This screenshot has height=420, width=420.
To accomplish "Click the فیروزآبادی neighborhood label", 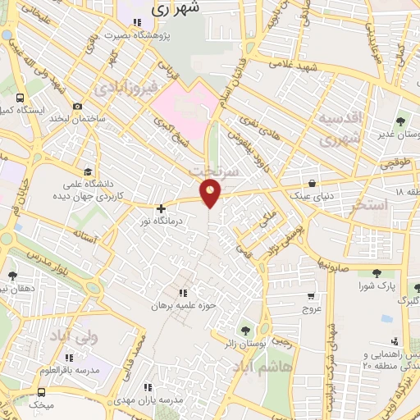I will coord(124,85).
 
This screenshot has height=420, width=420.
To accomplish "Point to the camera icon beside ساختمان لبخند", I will coord(77,106).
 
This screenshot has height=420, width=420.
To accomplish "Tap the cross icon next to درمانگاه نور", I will coord(160,209).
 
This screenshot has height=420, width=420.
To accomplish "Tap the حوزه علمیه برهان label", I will coord(182,305).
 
